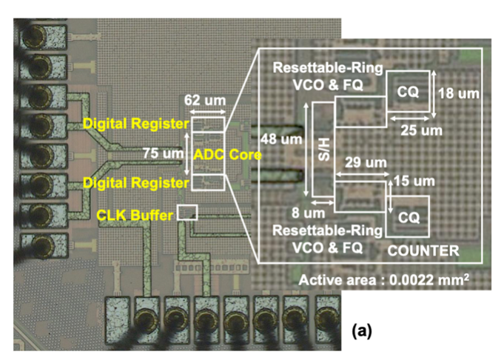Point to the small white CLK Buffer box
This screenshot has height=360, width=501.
click(187, 213)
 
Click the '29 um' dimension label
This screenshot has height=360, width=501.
click(358, 163)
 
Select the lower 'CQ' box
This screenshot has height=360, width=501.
click(408, 216)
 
